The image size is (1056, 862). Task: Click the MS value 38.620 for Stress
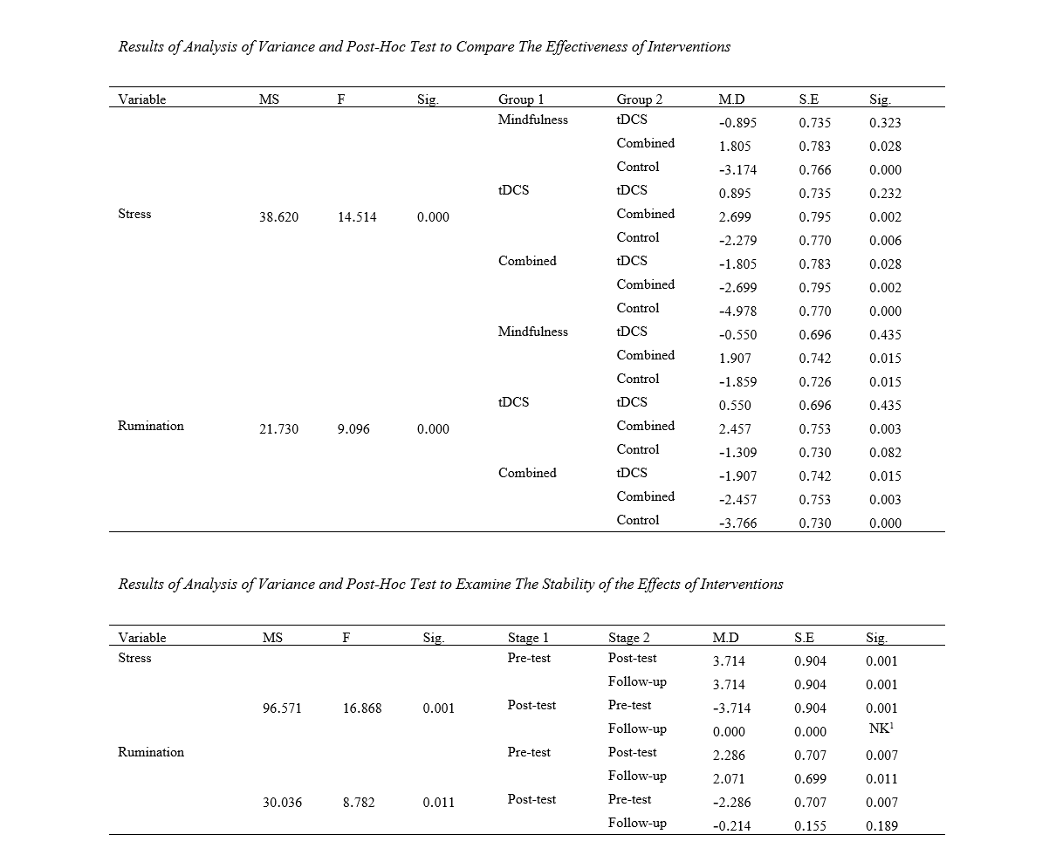click(x=278, y=217)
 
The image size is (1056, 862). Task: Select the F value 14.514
click(x=357, y=217)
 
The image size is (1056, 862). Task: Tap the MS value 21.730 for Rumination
click(x=278, y=429)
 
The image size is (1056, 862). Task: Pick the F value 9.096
click(x=353, y=429)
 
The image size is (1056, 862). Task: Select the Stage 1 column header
click(x=528, y=638)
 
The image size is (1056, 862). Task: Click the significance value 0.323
click(x=885, y=123)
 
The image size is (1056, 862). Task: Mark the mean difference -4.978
click(x=737, y=311)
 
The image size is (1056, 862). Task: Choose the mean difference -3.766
click(x=737, y=523)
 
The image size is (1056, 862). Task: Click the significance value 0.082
click(x=885, y=453)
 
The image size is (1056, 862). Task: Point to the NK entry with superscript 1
click(x=881, y=729)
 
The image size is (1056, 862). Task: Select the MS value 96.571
click(x=282, y=708)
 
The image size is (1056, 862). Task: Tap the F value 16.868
click(x=362, y=708)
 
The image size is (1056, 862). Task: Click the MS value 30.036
click(x=282, y=803)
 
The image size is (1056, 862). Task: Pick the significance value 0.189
click(x=881, y=826)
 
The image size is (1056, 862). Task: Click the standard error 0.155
click(x=811, y=826)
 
